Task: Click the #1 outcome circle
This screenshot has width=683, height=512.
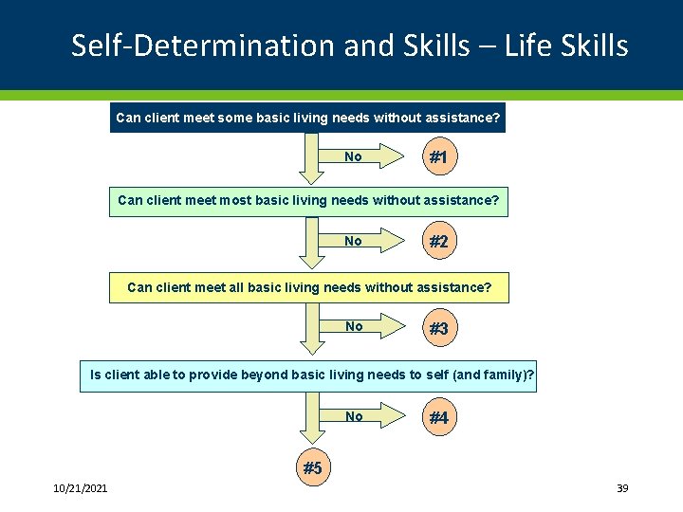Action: point(438,157)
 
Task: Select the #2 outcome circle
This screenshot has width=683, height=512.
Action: point(438,242)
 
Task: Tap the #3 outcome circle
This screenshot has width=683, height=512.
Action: point(438,328)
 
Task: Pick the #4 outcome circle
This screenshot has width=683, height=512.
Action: point(438,417)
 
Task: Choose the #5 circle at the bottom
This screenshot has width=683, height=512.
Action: point(311,467)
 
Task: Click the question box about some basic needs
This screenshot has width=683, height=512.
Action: point(307,119)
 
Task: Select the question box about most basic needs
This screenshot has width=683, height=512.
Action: point(307,201)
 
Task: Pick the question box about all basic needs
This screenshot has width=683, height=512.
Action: point(308,286)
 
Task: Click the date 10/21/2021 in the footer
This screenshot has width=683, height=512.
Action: point(80,488)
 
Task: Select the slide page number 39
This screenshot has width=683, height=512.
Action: point(622,488)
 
